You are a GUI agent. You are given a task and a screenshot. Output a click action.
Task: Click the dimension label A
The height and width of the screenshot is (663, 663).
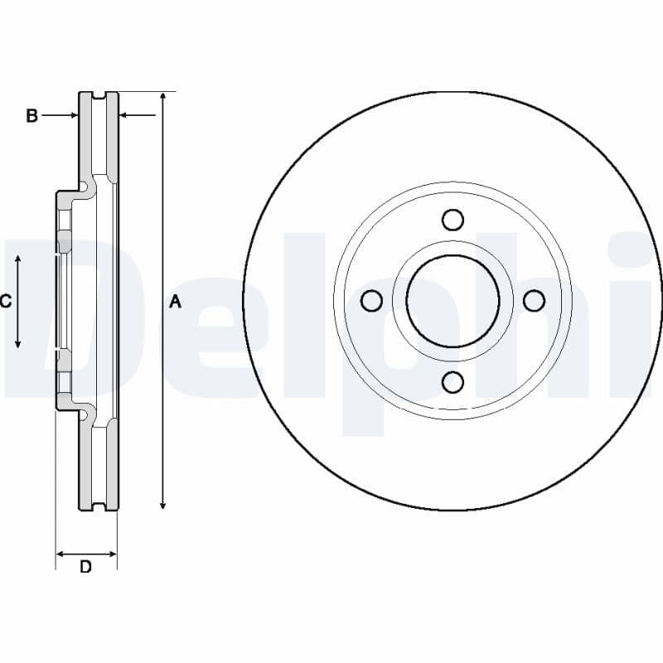(174, 302)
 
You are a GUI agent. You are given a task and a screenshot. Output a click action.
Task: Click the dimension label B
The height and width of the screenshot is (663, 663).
(31, 116)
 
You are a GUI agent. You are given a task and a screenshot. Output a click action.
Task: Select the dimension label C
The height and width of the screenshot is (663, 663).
(5, 302)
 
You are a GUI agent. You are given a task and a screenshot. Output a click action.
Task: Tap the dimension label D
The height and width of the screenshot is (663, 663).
(85, 568)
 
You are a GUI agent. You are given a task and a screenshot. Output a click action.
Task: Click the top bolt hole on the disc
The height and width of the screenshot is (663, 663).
(452, 220)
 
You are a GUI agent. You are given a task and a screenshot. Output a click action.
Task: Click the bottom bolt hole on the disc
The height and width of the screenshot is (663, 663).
(452, 381)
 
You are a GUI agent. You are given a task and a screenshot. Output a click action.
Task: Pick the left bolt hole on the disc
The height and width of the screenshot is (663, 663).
(372, 300)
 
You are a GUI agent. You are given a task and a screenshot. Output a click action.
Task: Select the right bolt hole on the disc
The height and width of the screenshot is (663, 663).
(534, 300)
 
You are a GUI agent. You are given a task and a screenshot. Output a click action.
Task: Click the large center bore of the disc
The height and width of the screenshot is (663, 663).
(452, 300)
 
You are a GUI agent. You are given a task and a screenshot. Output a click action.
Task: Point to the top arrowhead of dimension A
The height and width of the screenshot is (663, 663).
(163, 97)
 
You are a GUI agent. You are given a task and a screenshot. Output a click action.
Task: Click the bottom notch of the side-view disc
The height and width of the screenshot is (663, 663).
(99, 506)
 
